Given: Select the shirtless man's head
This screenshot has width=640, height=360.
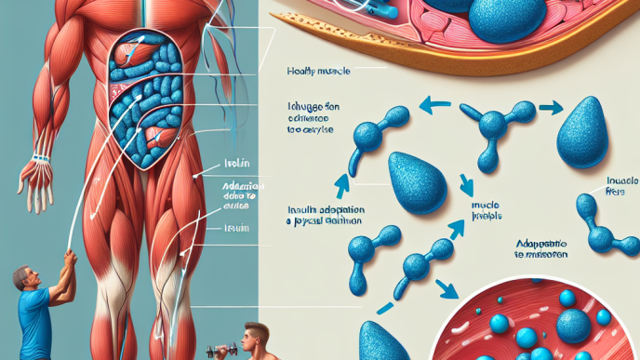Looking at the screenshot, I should (x=252, y=335).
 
